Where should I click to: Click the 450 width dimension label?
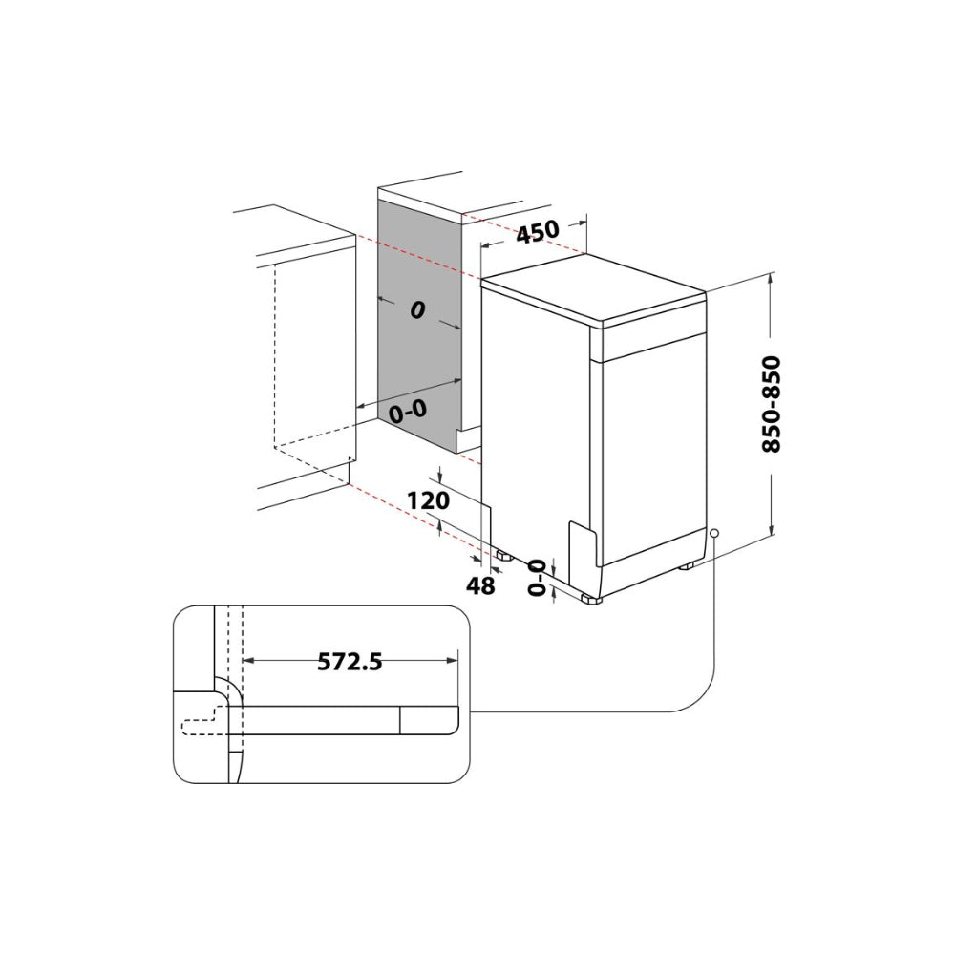coord(538,231)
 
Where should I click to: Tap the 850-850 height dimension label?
coord(771,404)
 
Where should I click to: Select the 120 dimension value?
coord(428,500)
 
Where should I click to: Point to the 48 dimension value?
coord(480,586)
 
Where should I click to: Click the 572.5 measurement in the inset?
coord(350,662)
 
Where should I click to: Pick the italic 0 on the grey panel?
coord(417,310)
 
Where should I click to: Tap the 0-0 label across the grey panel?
coord(408,412)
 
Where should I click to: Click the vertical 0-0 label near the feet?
coord(537,578)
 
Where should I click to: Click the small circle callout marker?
coord(714,533)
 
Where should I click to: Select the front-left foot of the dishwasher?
coord(591,599)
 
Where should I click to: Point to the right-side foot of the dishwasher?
coord(687,565)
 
